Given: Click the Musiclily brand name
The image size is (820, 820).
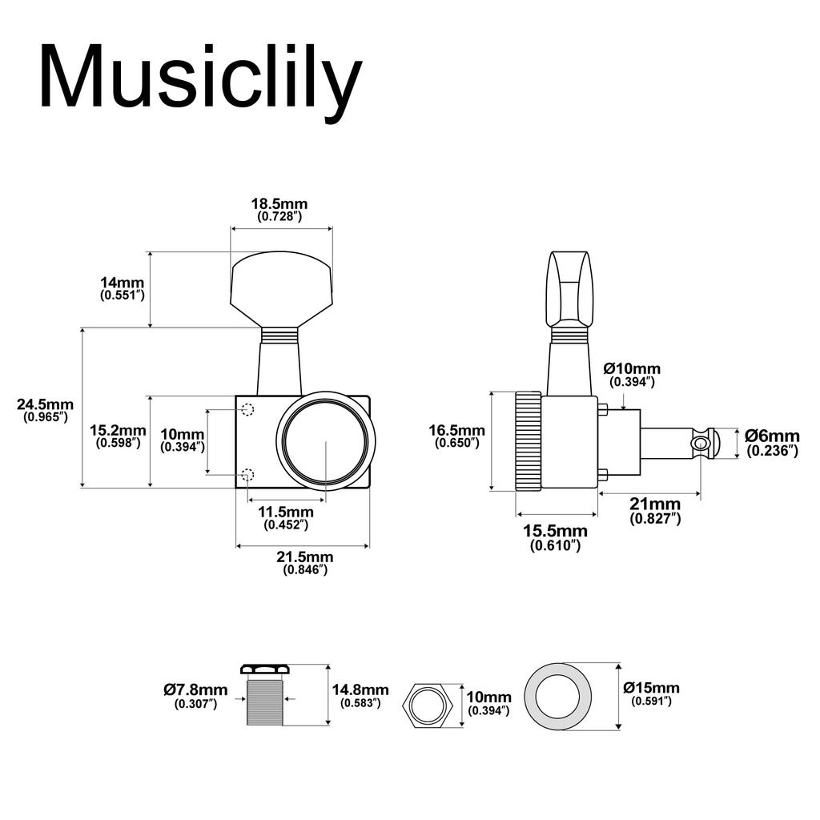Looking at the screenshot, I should click(200, 77).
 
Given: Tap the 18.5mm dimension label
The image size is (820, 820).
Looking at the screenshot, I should click(279, 204).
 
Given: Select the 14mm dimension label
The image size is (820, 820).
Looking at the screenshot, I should click(122, 283).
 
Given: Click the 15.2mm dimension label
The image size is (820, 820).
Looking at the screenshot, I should click(118, 430).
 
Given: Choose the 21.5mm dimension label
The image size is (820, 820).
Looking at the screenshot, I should click(305, 557).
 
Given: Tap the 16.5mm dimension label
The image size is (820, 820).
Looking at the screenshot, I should click(456, 430).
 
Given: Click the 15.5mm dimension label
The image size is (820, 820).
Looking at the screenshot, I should click(555, 531).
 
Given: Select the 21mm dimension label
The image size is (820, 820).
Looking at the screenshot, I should click(655, 504).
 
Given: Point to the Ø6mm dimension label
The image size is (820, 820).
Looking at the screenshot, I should click(772, 436).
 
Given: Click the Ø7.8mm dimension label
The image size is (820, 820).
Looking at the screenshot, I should click(195, 690).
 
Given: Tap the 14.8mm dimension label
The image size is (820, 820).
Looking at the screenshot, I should click(360, 690).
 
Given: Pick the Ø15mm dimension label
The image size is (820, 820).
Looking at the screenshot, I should click(651, 688).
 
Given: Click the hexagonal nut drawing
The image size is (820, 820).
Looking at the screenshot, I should click(429, 704).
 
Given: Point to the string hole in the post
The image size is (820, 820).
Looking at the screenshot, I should click(701, 443).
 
